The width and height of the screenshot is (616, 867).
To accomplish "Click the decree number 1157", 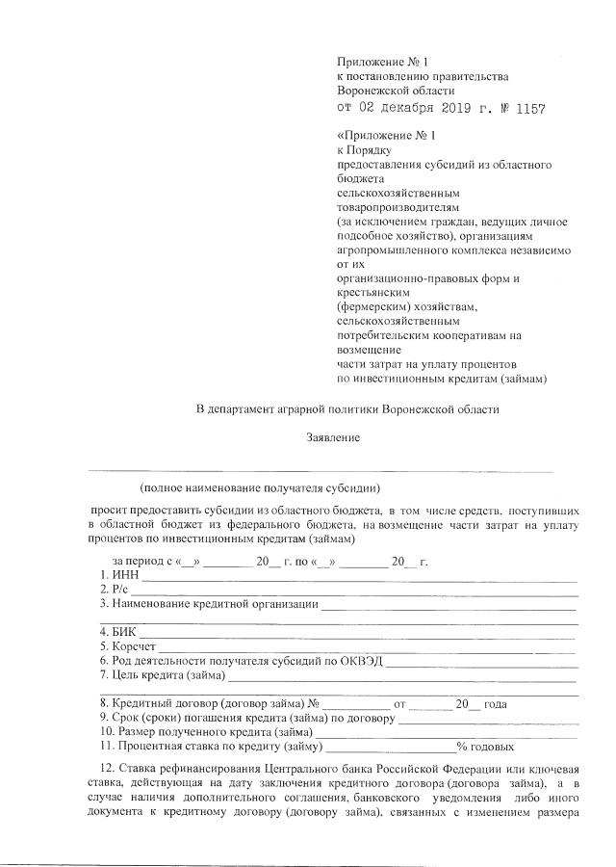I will (528, 110).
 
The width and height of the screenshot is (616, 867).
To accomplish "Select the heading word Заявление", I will (333, 438).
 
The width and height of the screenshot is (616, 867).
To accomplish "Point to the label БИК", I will (124, 632).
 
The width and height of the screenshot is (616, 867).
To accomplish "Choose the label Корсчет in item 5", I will (132, 646).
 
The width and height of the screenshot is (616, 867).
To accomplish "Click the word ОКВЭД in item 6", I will (359, 661).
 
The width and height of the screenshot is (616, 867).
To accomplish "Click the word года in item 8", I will (496, 703).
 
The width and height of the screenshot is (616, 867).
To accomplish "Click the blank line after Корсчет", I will (366, 647).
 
